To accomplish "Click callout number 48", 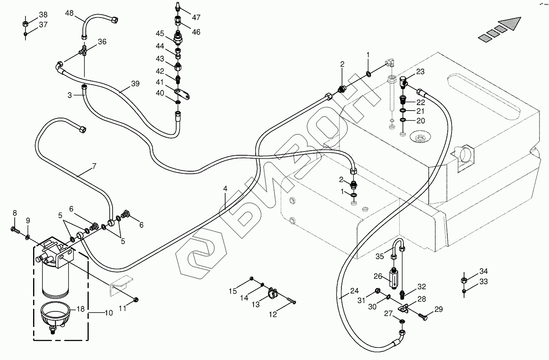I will click(x=69, y=13).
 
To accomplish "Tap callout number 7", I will click(x=94, y=166).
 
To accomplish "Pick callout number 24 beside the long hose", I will click(x=355, y=291).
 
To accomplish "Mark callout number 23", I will click(x=420, y=72).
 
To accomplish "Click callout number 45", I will click(x=161, y=33).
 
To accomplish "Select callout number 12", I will click(x=273, y=315).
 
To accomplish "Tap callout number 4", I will click(x=225, y=189).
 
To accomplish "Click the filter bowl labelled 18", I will click(x=54, y=316).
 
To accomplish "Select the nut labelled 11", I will click(x=136, y=299).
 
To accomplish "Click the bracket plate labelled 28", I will click(x=404, y=310).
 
